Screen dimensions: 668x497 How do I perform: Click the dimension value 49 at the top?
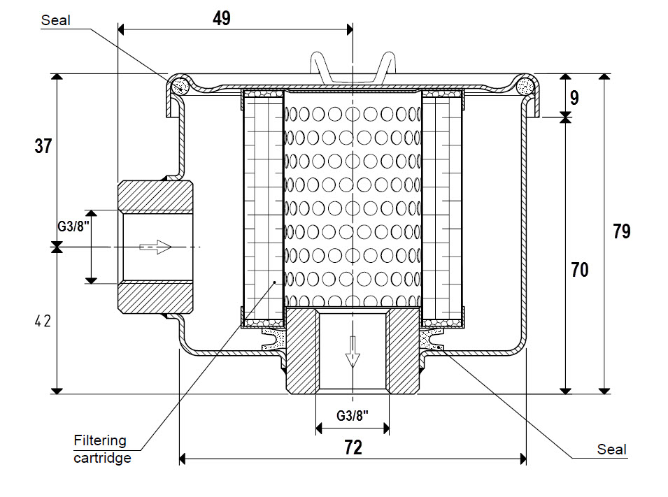coord(222,18)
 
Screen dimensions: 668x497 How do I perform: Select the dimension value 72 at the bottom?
coord(353,447)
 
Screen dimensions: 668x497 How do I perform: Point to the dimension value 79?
coord(622,231)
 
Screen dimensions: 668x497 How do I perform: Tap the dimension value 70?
coord(580,270)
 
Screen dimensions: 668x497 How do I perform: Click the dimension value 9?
coord(574,98)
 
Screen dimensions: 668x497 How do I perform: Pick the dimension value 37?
coord(43,146)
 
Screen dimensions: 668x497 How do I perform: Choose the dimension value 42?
coord(43,321)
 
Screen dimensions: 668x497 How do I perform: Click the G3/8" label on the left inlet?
coord(73,226)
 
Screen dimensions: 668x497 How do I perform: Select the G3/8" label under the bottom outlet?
coord(353,415)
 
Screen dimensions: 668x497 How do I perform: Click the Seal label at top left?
coord(55,20)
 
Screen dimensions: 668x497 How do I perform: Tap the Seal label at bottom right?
coord(612,449)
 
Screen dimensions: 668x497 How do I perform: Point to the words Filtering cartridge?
coord(102,449)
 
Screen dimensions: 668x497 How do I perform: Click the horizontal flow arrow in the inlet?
coord(155,247)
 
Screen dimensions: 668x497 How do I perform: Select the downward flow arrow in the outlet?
coord(353,352)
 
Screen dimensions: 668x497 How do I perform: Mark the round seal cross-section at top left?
coord(180,86)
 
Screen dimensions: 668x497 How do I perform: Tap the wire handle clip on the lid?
coord(353,67)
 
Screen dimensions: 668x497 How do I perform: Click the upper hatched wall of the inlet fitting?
coord(155,196)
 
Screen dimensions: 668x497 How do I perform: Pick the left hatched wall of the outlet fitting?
coord(301,350)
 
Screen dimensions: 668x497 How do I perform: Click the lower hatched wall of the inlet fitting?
coord(155,297)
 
